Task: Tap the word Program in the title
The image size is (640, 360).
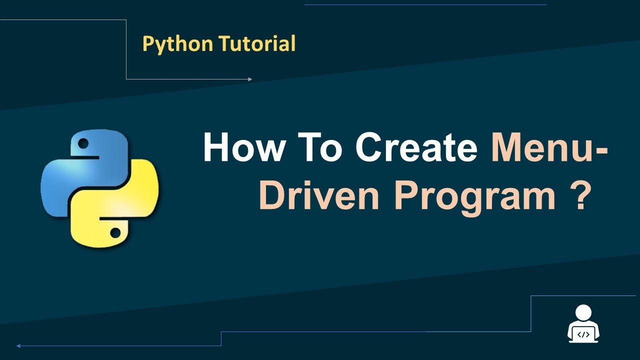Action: click(475, 196)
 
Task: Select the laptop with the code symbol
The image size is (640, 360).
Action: click(583, 334)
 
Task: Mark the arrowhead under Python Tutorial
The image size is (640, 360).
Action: click(250, 79)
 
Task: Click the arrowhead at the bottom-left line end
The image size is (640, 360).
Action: click(18, 345)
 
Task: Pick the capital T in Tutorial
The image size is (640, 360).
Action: click(223, 44)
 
